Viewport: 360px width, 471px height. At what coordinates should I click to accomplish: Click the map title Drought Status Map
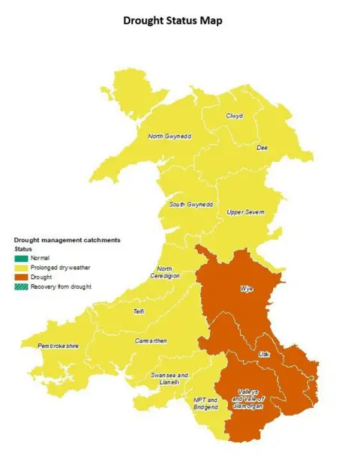tap(172, 21)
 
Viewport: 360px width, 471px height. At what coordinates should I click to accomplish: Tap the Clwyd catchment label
tap(235, 116)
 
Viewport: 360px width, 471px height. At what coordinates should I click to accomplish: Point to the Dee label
tap(262, 148)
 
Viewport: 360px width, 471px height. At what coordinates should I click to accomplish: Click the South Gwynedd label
tap(191, 204)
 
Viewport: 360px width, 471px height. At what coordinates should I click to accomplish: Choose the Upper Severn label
tap(246, 212)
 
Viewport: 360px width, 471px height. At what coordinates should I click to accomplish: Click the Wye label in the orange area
tap(246, 289)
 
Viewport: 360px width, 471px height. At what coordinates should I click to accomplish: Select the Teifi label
tap(139, 311)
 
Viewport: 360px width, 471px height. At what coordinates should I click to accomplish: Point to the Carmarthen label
tap(151, 341)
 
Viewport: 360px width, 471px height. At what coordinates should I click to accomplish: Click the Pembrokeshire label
tap(58, 346)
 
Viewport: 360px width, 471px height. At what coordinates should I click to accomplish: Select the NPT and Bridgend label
tap(205, 403)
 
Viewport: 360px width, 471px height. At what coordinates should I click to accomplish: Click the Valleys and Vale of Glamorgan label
tap(250, 399)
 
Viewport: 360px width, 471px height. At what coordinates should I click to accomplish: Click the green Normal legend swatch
tap(22, 258)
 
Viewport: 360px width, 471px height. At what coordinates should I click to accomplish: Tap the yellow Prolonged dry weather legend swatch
tap(22, 268)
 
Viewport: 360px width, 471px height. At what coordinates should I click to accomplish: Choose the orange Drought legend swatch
tap(22, 277)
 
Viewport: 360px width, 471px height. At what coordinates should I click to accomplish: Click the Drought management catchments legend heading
tap(67, 240)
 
